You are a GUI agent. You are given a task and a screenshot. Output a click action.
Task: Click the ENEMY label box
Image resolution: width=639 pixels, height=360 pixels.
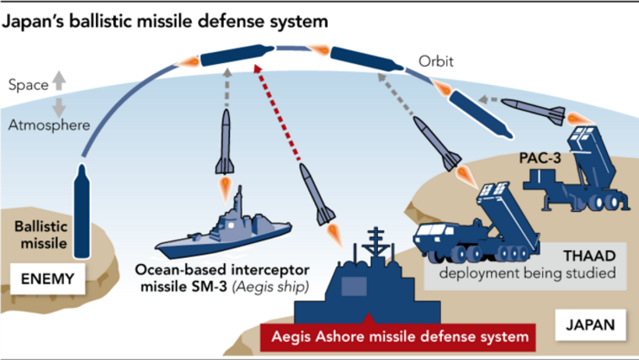48,277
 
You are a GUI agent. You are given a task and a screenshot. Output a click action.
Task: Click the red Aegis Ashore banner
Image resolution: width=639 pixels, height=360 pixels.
399,337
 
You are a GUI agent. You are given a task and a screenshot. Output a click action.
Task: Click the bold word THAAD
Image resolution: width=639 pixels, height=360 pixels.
590,255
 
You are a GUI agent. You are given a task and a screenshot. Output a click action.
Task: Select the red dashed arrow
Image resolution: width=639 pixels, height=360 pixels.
279,117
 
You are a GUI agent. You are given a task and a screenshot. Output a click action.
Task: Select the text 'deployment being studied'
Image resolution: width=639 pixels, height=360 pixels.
527,274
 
